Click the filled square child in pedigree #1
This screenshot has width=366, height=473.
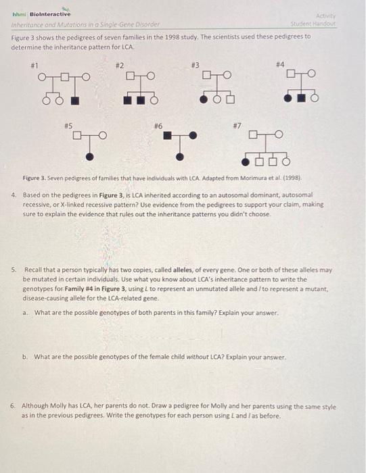(x=75, y=101)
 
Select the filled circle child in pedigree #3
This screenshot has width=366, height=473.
(x=204, y=100)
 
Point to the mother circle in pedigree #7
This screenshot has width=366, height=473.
(x=277, y=136)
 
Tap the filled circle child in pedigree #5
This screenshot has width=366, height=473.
(x=90, y=157)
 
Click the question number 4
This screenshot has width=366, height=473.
(x=14, y=194)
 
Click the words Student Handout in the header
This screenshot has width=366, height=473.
(x=318, y=24)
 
